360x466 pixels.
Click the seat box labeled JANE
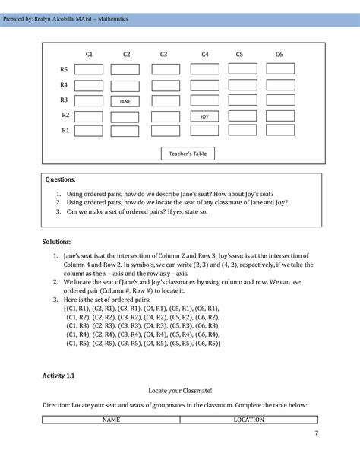125,100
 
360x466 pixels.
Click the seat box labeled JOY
204,116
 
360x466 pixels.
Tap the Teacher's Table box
188,154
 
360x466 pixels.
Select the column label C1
89,54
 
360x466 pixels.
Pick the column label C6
279,54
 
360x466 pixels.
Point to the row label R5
65,69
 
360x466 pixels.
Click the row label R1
65,131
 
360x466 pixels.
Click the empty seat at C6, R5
280,69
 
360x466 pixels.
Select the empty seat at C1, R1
88,131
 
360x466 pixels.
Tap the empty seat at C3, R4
165,84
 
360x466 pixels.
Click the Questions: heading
61,181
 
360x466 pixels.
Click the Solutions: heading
58,242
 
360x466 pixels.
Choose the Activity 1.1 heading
58,376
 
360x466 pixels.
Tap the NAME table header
112,420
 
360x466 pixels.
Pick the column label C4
205,54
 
